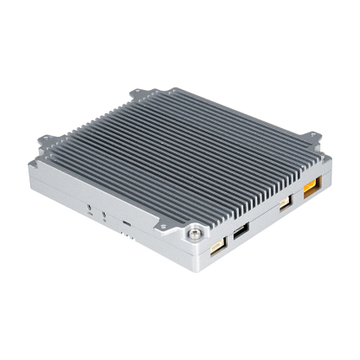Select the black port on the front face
pyautogui.click(x=240, y=231)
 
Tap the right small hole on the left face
pyautogui.click(x=105, y=213)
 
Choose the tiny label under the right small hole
pyautogui.click(x=105, y=220)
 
